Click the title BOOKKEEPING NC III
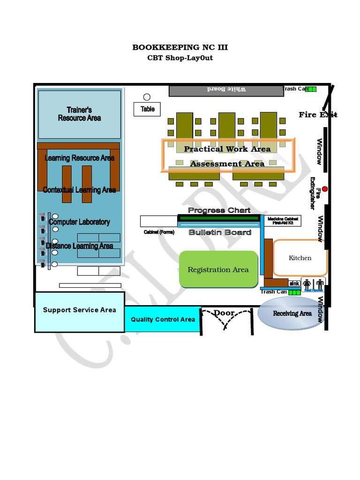point(180,47)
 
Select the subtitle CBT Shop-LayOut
point(180,58)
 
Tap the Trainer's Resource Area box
point(79,114)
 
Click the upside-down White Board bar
point(226,90)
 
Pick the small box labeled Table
point(147,109)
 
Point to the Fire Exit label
point(318,114)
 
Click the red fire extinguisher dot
point(325,189)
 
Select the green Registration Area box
point(218,269)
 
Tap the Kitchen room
point(300,258)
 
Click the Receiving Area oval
point(292,314)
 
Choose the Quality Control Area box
point(163,319)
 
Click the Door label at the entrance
point(224,313)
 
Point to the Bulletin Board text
point(220,232)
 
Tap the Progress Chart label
point(219,210)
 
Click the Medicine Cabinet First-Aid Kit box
point(282,221)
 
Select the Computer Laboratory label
point(80,222)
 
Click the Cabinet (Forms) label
point(159,232)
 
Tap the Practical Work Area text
point(227,149)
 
